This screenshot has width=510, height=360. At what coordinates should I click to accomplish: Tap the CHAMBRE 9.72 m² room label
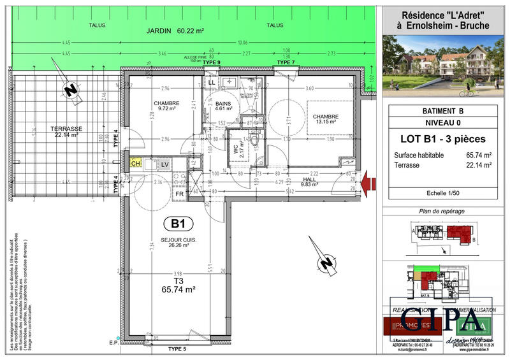[166, 106]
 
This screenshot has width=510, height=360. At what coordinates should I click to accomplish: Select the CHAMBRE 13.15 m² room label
[325, 119]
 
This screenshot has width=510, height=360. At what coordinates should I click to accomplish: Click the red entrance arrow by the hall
[369, 184]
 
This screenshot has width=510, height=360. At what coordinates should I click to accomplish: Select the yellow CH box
[136, 164]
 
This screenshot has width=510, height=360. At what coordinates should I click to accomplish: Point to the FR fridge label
[180, 193]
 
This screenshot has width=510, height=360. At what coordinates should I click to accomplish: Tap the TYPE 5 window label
[177, 349]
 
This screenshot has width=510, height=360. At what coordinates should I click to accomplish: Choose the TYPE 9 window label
[212, 62]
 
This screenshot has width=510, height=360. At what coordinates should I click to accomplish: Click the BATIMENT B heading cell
[441, 111]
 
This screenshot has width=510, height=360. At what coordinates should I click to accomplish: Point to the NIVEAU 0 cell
[441, 122]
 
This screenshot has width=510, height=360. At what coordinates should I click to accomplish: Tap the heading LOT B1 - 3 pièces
[441, 138]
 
